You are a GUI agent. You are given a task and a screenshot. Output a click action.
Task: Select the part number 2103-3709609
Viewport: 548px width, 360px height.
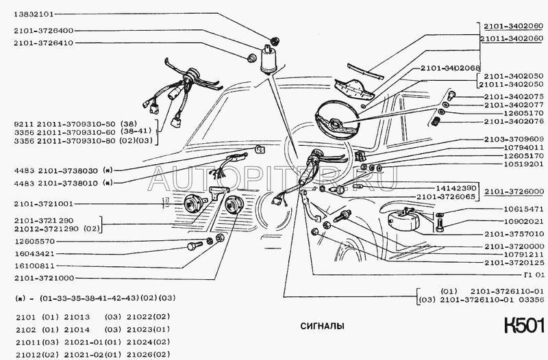[513, 138]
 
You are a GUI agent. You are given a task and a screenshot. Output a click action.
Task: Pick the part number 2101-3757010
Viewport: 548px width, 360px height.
[513, 233]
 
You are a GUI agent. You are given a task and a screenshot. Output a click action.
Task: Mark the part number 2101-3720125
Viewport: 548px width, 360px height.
[513, 263]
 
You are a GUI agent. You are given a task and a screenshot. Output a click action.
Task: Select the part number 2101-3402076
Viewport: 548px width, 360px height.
[513, 121]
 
